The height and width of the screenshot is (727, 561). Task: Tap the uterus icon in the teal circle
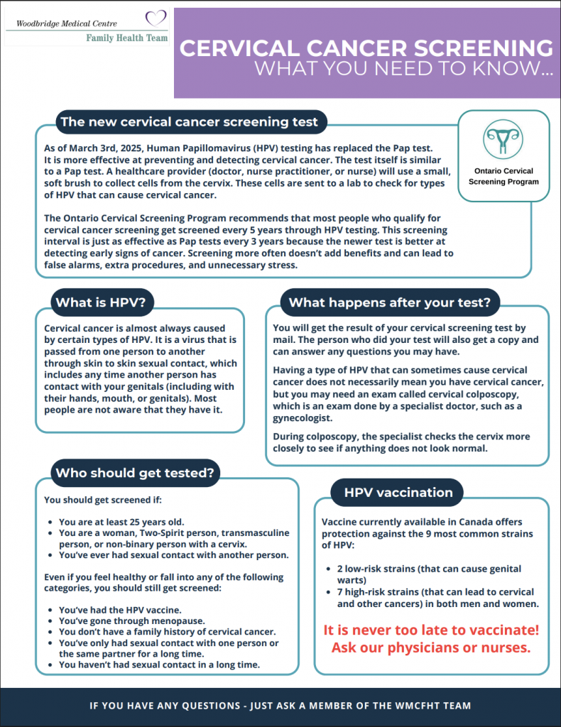coord(503,138)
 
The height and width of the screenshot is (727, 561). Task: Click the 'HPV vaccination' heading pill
coord(398,492)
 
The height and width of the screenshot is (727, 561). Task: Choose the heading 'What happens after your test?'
coord(389,302)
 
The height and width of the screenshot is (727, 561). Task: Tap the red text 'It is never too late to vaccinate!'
coord(431,630)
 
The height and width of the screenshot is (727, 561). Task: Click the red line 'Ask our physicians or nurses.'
coord(431,647)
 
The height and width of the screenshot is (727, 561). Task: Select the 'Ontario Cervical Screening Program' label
coord(503,176)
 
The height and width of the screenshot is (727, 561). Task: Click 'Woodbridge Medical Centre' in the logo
coord(62,23)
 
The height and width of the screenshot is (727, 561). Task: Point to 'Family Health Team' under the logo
coord(126,38)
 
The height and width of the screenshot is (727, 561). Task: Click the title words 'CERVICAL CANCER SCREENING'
coord(366,48)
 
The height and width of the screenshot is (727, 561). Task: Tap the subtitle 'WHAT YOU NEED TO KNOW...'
coord(403,70)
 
